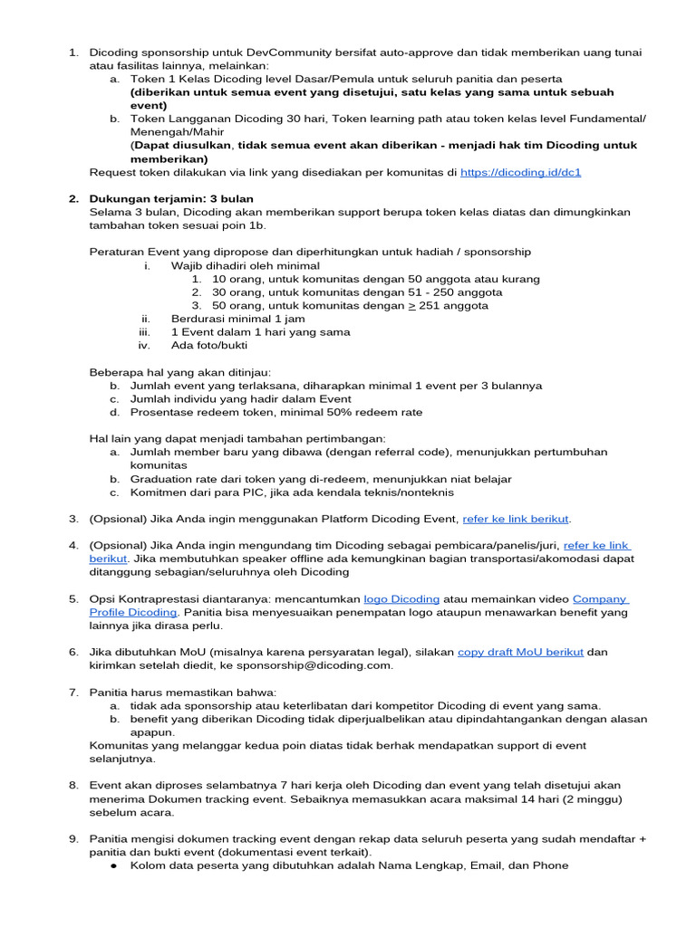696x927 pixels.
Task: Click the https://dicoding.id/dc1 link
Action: (x=520, y=172)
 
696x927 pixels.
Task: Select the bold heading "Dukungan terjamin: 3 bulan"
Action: (x=171, y=198)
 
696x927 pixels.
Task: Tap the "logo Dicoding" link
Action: (x=401, y=599)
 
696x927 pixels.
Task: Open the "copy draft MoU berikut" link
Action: (x=520, y=652)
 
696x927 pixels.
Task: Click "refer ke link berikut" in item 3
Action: (x=517, y=519)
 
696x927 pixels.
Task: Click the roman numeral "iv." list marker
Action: (x=142, y=345)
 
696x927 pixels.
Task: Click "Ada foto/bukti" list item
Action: (x=209, y=345)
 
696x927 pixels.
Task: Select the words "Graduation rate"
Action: (x=175, y=479)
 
